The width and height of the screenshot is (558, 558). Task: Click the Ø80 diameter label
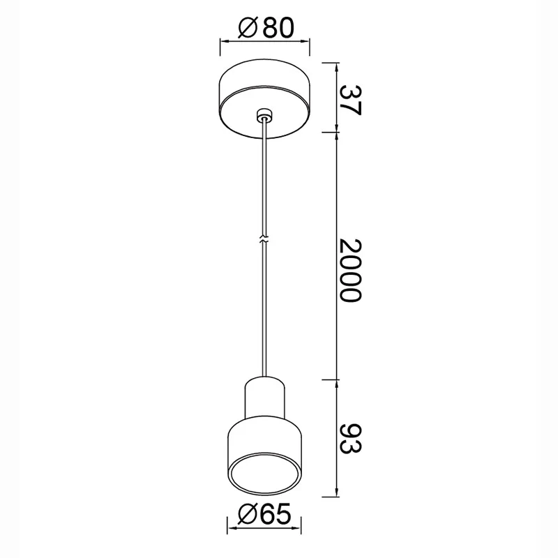(x=266, y=28)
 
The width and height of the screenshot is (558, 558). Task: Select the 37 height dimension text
(x=351, y=100)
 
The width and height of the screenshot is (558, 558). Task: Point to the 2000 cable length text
(x=351, y=271)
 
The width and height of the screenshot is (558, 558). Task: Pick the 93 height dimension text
(x=351, y=439)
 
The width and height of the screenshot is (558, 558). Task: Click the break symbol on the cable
(x=264, y=239)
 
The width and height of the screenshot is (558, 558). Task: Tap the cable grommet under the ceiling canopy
(x=264, y=115)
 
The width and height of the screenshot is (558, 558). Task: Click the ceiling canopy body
(x=264, y=98)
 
